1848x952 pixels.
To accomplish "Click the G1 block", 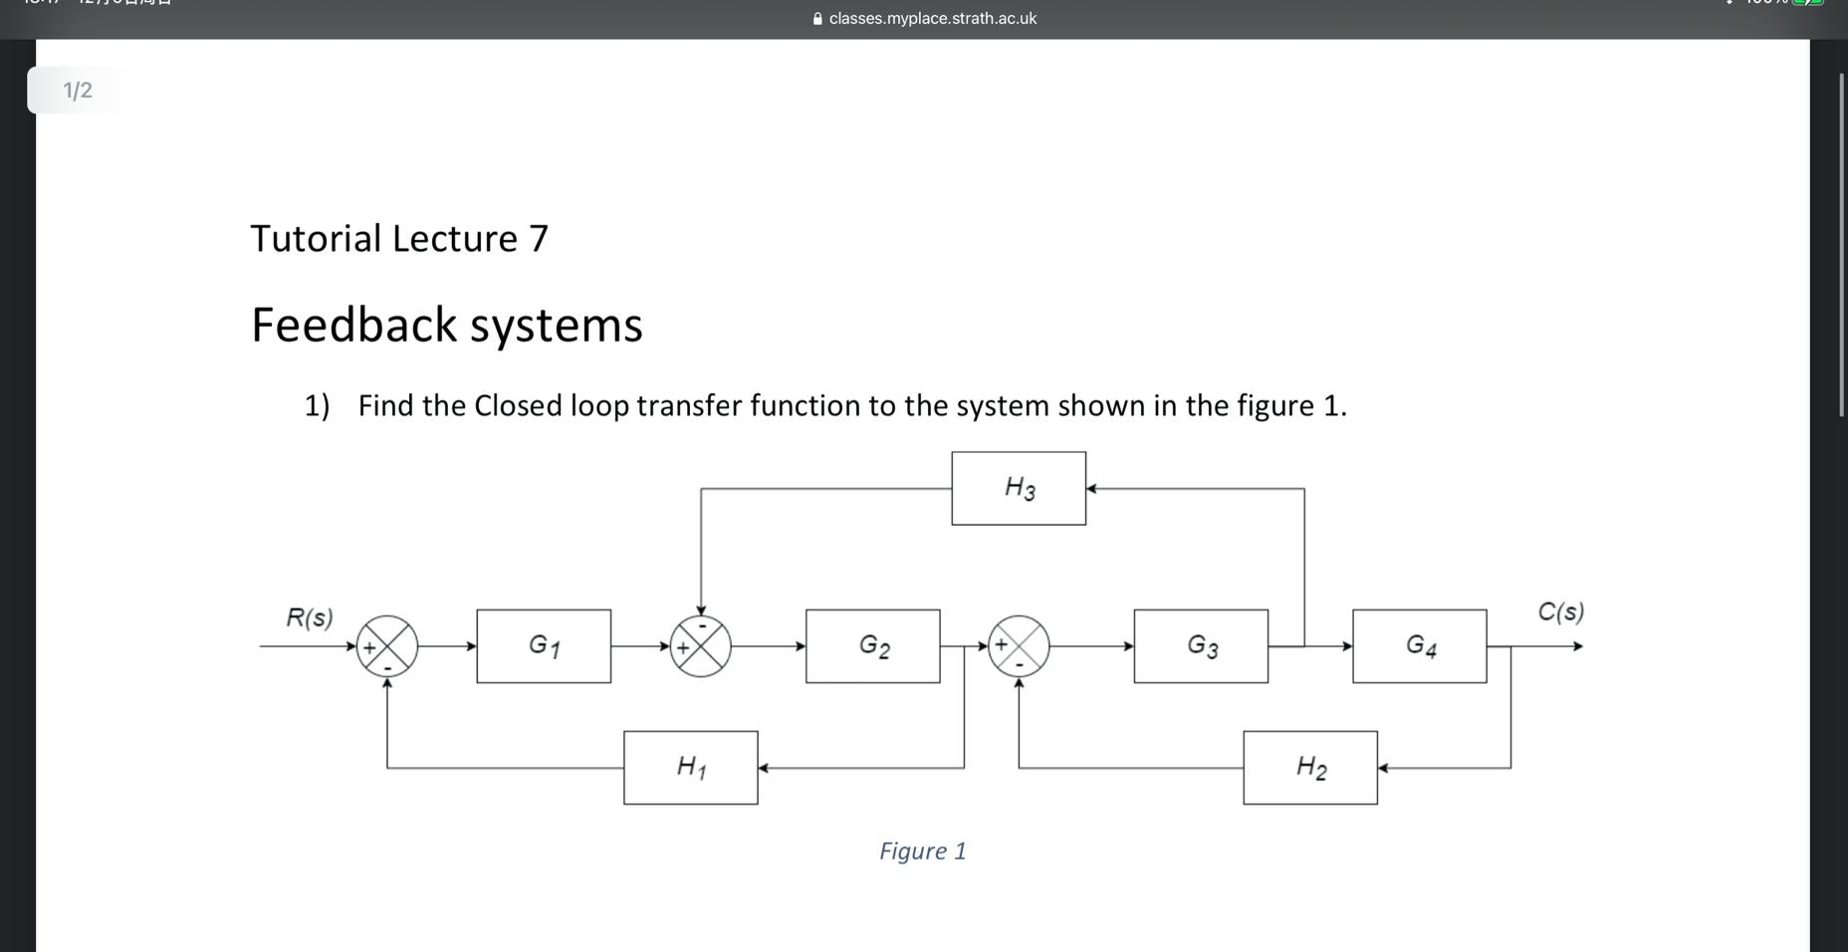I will tap(544, 646).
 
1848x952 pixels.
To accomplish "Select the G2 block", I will tap(873, 646).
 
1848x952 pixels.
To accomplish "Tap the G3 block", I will tap(1201, 646).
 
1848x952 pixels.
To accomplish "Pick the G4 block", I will tap(1420, 646).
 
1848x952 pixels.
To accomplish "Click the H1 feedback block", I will tap(691, 768).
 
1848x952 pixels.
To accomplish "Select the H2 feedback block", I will tap(1310, 768).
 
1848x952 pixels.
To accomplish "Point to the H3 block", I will tap(1019, 488).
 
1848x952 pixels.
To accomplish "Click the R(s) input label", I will tap(310, 617).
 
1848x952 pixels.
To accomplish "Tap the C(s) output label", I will tap(1560, 611).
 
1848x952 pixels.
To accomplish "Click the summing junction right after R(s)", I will tap(387, 646).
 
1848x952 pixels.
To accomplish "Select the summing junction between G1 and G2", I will tap(701, 646).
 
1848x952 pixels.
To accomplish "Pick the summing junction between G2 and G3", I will tap(1019, 646).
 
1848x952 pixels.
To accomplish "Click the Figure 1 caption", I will tap(923, 851).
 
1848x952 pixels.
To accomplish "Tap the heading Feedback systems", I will tap(446, 326).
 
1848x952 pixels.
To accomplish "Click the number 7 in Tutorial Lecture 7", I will tap(539, 239).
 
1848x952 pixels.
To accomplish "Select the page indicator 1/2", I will tap(78, 91).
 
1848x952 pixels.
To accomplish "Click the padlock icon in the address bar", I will tap(817, 19).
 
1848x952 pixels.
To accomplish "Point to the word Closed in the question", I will tap(518, 406).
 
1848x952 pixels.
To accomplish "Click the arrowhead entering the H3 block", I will tap(1091, 489).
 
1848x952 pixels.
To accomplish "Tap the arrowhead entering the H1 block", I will tap(764, 768).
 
